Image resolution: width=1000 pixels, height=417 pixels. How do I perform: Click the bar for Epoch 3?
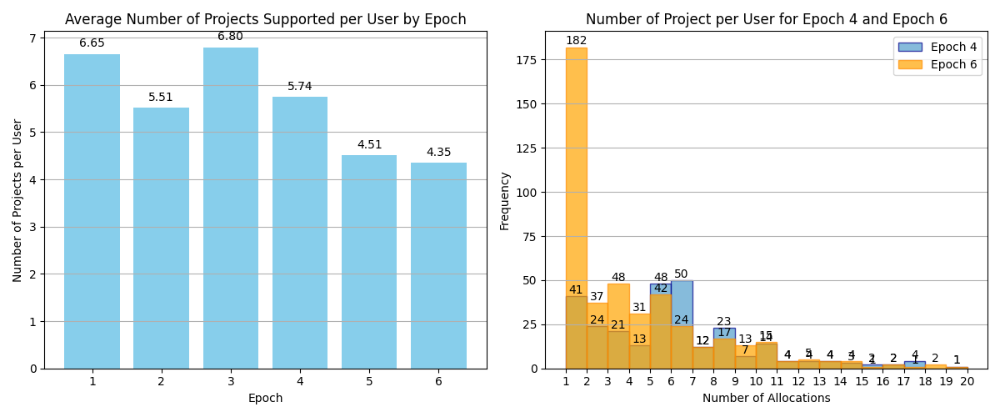coord(230,208)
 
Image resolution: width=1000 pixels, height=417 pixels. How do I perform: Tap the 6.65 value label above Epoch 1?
coord(92,43)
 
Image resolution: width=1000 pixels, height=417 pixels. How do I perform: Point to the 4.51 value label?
coord(369,145)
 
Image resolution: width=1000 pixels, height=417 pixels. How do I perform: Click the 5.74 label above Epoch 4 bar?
coord(300,87)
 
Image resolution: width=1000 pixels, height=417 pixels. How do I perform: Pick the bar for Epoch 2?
coord(161,238)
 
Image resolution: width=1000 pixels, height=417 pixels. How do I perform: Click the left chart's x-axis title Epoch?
coord(265,399)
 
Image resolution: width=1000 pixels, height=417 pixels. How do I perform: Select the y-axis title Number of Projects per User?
coord(18,200)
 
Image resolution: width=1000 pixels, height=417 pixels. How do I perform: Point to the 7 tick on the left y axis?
coord(33,38)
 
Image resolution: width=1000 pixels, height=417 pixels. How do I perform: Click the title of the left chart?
coord(265,20)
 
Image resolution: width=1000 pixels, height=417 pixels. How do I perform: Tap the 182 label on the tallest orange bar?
coord(576,41)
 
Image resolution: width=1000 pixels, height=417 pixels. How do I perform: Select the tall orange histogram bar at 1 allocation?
coord(576,208)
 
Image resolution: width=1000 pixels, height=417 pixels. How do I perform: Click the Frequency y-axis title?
coord(505,200)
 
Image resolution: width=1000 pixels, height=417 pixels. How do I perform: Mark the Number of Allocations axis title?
coord(766,399)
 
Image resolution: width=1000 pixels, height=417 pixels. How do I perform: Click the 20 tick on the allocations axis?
coord(967,381)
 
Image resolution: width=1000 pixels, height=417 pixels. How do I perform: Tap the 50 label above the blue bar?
coord(681,274)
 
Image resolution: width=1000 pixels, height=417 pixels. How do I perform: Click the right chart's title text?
coord(766,20)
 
